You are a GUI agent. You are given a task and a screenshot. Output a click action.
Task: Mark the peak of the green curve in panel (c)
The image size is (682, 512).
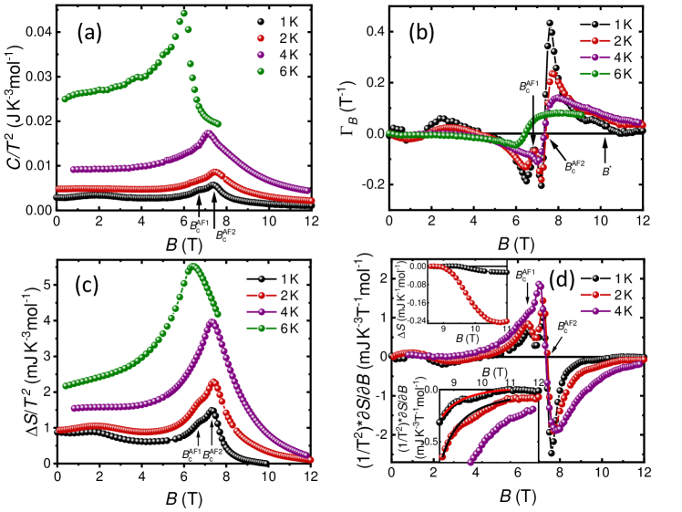(x=192, y=266)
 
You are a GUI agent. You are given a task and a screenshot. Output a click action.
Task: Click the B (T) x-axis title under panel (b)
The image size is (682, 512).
(x=516, y=239)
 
